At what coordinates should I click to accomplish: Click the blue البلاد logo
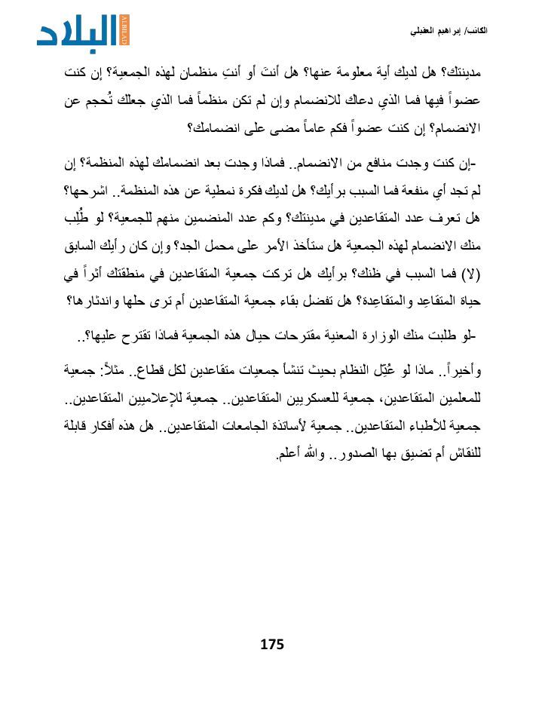coord(84,32)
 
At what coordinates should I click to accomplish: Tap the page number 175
coord(271,644)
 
